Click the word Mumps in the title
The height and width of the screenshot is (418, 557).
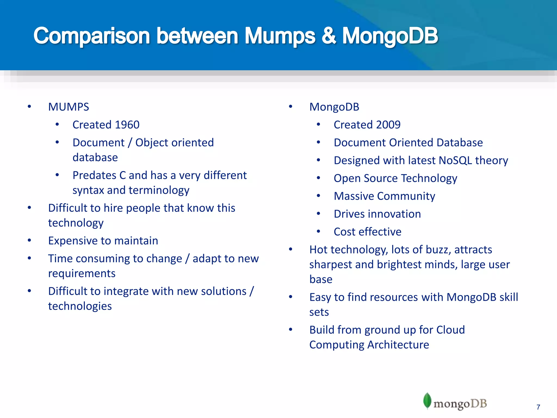pyautogui.click(x=280, y=36)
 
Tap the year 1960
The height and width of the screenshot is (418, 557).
pyautogui.click(x=127, y=125)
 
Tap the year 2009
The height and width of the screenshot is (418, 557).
pyautogui.click(x=388, y=125)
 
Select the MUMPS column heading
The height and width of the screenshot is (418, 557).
pyautogui.click(x=69, y=107)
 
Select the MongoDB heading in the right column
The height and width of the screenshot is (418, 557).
pyautogui.click(x=334, y=107)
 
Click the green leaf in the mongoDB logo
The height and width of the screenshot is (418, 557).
pyautogui.click(x=427, y=400)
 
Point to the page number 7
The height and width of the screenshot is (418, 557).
pyautogui.click(x=538, y=407)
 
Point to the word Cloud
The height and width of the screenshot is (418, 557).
pyautogui.click(x=450, y=330)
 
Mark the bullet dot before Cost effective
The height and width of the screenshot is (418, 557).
pyautogui.click(x=318, y=232)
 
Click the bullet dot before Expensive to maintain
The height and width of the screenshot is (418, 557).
pyautogui.click(x=29, y=240)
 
